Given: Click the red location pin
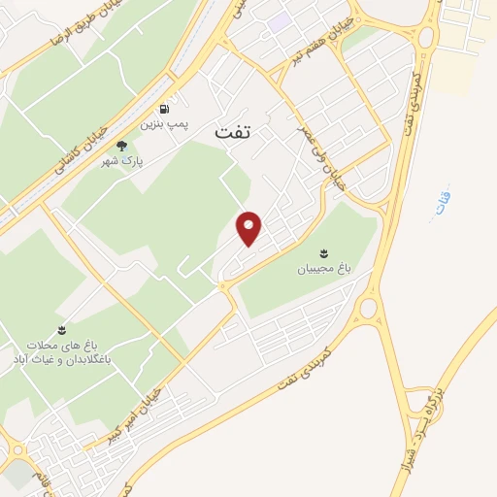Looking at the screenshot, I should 249,227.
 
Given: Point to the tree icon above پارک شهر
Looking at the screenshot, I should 121,146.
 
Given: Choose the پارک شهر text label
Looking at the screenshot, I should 121,161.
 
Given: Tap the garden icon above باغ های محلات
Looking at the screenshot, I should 62,330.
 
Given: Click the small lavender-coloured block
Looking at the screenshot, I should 280,20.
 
